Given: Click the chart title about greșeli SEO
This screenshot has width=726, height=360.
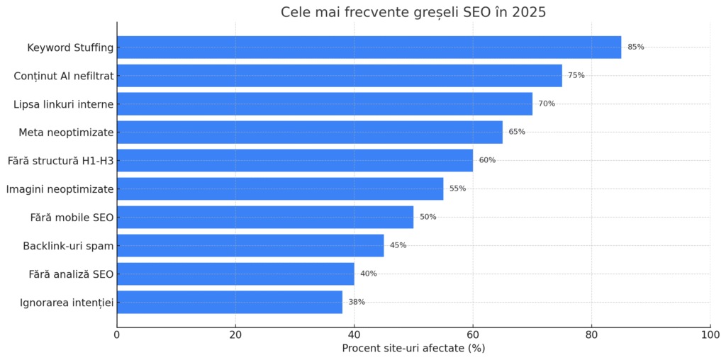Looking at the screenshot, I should coord(413,12).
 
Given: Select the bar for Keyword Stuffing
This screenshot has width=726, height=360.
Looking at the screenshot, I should coord(369,47).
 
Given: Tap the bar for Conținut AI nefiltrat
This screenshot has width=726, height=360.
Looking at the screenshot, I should coord(339,76).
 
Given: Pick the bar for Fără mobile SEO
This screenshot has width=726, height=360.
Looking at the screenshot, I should coord(264,217).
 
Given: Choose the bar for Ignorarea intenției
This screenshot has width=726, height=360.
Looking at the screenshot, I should coord(229,302).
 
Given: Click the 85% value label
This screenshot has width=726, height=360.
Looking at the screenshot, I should coord(636,47).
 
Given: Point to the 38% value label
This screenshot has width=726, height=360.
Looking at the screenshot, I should coord(357,302).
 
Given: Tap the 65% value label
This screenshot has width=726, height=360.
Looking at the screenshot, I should coord(517,132).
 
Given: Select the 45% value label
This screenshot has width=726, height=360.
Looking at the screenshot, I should coord(398,245).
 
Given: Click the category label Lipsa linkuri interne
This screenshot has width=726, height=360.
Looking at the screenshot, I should coord(63,104).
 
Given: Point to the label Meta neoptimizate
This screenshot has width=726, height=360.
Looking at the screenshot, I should coord(66,133).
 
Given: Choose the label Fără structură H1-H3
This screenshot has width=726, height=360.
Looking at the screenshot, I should coord(60,161).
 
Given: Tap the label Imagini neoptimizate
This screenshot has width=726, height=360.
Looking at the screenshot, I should coord(60,189).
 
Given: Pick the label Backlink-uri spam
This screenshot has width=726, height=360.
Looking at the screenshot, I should coord(68,246).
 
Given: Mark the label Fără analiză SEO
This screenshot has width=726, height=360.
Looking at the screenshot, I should coord(71,274).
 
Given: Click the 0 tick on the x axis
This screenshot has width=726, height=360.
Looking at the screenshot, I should coord(117,334).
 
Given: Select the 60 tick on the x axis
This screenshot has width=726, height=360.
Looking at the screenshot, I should coord(473,334).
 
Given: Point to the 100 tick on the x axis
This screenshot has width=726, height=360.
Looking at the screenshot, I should coord(710,334).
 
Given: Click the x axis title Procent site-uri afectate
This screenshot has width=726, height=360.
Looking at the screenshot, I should coord(413,349).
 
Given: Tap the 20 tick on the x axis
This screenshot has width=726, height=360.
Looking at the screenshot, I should coord(235,334).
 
